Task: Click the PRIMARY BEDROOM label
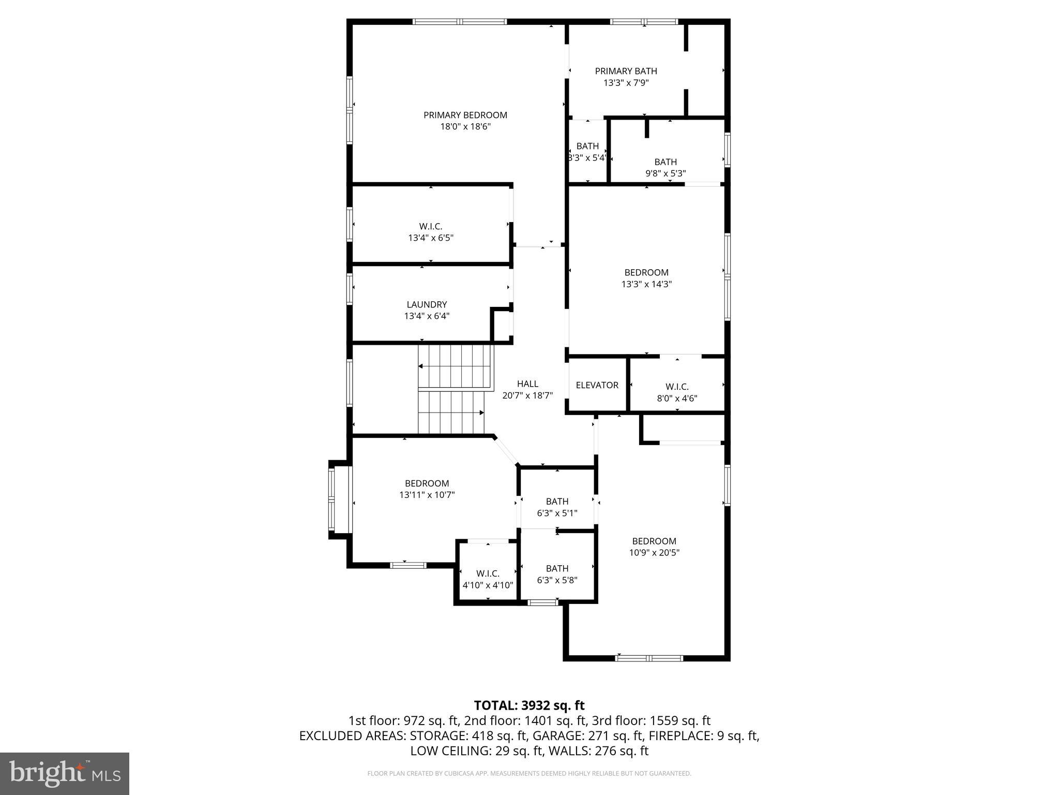click(465, 115)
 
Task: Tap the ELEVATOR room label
click(597, 385)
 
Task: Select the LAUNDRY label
click(426, 304)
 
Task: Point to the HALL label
click(527, 384)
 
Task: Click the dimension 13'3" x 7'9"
click(626, 83)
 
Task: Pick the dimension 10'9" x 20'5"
click(654, 552)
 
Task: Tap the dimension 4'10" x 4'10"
click(488, 585)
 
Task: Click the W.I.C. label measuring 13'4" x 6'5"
click(430, 226)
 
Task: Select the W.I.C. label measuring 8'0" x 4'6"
click(676, 387)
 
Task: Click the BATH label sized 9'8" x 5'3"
click(665, 162)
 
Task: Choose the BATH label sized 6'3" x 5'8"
click(557, 568)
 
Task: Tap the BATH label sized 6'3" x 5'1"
click(557, 501)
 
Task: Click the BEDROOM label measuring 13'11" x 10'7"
click(427, 483)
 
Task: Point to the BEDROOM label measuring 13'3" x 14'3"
click(646, 272)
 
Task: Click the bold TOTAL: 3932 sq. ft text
click(529, 705)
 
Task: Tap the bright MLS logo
click(64, 773)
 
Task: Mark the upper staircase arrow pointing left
click(421, 366)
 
